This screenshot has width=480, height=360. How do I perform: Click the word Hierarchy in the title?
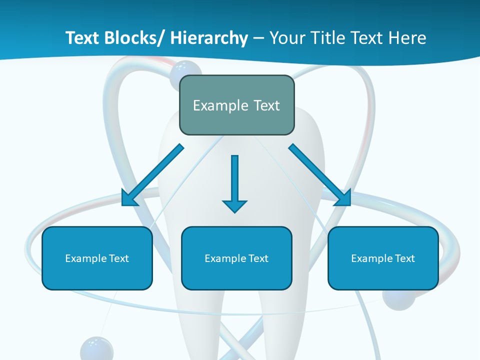[x=208, y=38]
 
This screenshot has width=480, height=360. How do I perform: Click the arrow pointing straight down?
[x=234, y=180]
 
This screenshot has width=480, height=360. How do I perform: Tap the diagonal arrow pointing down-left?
[x=152, y=175]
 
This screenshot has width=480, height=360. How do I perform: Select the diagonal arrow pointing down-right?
[x=320, y=175]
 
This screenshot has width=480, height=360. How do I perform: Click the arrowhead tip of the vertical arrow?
[x=234, y=211]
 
